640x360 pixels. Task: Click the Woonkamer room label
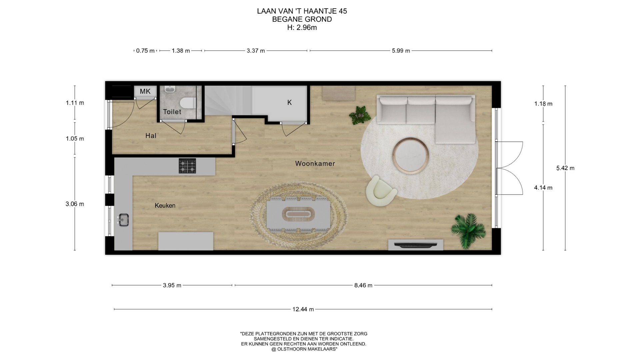pyautogui.click(x=315, y=164)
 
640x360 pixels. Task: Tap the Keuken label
pyautogui.click(x=165, y=206)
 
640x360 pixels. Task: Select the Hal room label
pyautogui.click(x=151, y=136)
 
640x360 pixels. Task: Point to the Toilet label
pyautogui.click(x=172, y=112)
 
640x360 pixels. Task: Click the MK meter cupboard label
pyautogui.click(x=145, y=91)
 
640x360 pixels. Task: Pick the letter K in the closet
pyautogui.click(x=289, y=103)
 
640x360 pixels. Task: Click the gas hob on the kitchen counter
pyautogui.click(x=187, y=166)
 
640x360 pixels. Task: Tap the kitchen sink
pyautogui.click(x=123, y=220)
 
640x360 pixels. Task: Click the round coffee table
pyautogui.click(x=411, y=156)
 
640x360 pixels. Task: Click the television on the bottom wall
pyautogui.click(x=416, y=245)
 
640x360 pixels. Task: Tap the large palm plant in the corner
pyautogui.click(x=468, y=230)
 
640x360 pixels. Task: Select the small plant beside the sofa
pyautogui.click(x=360, y=115)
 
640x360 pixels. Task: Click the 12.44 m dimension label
pyautogui.click(x=303, y=309)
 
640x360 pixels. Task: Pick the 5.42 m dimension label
pyautogui.click(x=565, y=168)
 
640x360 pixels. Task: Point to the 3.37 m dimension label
pyautogui.click(x=256, y=51)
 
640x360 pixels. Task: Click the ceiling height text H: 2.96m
pyautogui.click(x=302, y=28)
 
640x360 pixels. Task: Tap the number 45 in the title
pyautogui.click(x=343, y=11)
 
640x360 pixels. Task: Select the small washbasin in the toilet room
pyautogui.click(x=170, y=89)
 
